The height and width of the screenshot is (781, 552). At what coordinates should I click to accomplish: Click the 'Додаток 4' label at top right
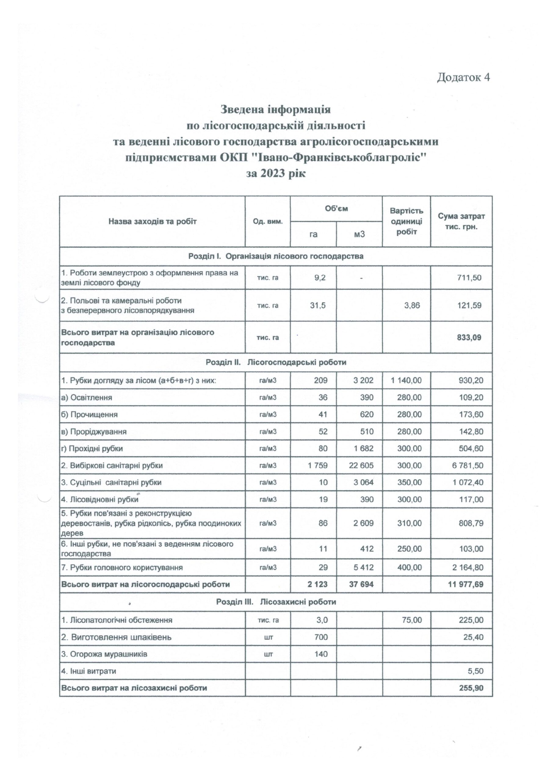pos(463,77)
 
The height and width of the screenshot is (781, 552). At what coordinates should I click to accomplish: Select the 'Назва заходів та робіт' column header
pos(153,222)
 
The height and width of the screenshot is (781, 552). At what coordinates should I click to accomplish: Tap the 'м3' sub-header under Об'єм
pos(359,234)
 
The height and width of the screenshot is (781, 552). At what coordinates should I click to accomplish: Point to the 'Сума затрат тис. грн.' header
pos(461,221)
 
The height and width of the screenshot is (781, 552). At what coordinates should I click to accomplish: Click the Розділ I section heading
pos(276,256)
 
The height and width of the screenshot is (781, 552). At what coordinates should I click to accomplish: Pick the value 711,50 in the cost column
pos(472,278)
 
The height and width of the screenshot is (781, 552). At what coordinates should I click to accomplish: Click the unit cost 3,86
pos(412,305)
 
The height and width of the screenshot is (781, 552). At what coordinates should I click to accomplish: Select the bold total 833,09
pos(471,337)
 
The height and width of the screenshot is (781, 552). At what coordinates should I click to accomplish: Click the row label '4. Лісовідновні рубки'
pos(100,500)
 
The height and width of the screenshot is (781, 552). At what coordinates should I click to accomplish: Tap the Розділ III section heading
pos(276,602)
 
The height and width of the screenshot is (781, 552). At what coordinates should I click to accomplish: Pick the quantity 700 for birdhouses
pos(321,637)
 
